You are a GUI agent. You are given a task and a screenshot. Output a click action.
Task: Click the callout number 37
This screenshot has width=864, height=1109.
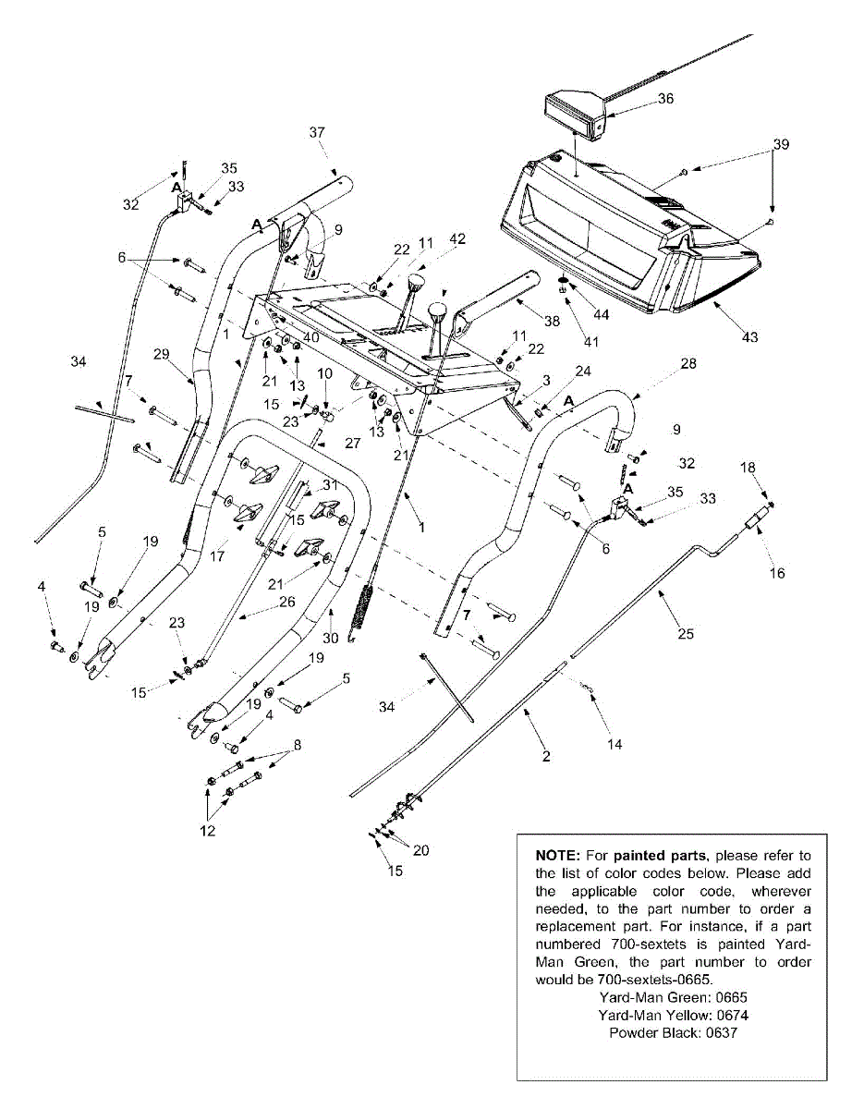(317, 132)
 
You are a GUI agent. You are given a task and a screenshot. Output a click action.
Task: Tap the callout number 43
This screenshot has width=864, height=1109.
(749, 337)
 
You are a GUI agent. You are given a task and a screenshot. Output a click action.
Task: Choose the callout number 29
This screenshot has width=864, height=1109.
(163, 356)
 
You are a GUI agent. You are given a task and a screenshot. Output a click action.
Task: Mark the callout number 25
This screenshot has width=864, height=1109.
(685, 634)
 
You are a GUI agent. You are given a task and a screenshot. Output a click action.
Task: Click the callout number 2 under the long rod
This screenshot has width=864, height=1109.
(546, 756)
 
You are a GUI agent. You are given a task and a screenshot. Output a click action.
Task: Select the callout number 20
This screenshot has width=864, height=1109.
(420, 850)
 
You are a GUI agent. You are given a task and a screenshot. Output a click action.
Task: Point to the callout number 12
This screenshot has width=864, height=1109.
(206, 831)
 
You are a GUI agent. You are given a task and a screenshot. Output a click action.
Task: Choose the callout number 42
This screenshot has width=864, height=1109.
(457, 238)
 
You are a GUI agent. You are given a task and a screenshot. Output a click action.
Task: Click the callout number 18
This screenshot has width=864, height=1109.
(748, 469)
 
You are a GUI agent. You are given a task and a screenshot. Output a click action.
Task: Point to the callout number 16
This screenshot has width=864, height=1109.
(777, 573)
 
